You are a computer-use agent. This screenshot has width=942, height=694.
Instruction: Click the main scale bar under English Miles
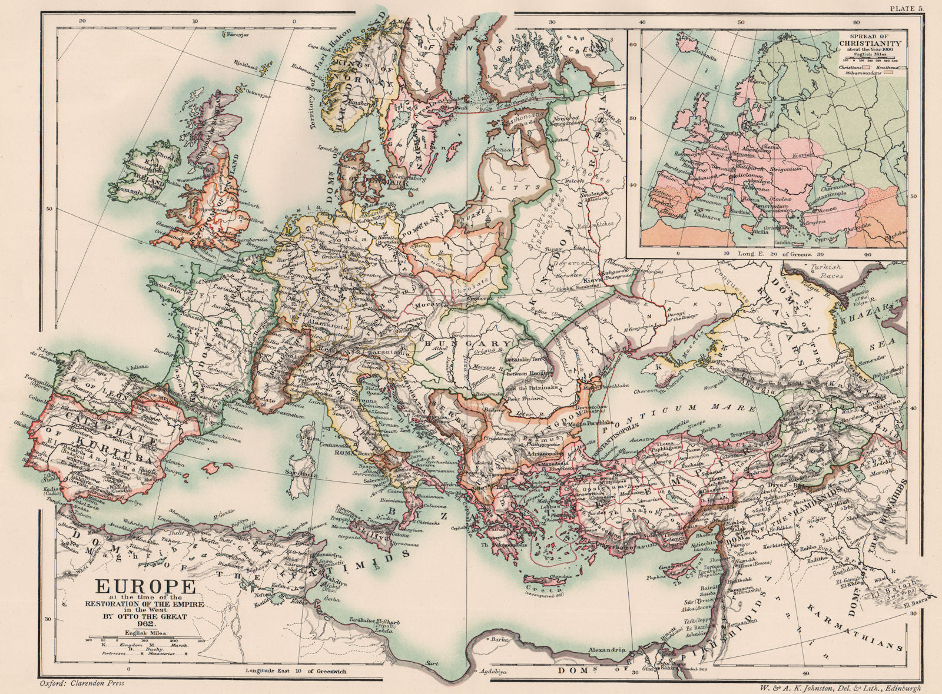pyautogui.click(x=137, y=637)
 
